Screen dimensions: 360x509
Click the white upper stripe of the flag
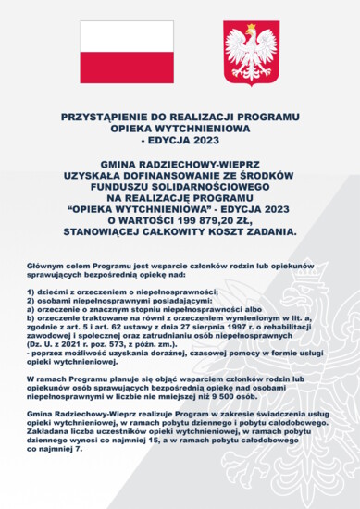126,35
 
